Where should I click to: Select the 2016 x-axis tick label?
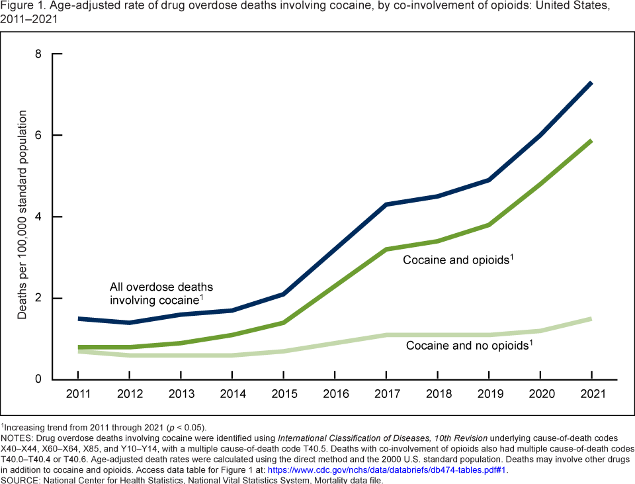point(336,395)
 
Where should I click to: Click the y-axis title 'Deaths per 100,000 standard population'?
point(22,216)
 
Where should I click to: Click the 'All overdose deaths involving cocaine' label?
point(161,294)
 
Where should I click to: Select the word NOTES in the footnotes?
point(17,438)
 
